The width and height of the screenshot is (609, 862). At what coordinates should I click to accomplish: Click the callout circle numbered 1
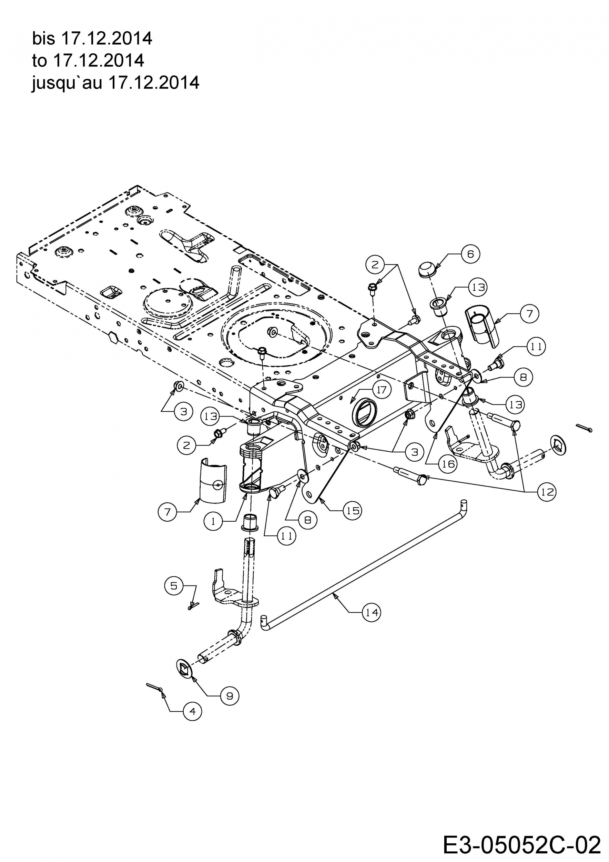[213, 521]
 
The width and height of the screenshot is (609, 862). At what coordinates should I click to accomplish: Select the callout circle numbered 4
[193, 711]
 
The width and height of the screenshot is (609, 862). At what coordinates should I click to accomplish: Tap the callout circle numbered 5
[174, 586]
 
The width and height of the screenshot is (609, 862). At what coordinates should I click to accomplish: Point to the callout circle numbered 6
[470, 254]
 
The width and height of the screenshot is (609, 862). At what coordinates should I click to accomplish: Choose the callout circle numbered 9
[230, 696]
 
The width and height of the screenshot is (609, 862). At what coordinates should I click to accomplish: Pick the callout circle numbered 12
[547, 491]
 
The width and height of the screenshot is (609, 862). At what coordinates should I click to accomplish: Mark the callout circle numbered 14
[372, 612]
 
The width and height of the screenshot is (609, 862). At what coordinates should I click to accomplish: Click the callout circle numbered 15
[352, 511]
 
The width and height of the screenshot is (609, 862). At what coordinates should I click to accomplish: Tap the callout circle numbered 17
[382, 390]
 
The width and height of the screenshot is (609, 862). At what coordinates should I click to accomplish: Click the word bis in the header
[43, 39]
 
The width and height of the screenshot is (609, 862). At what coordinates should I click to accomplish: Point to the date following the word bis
[106, 39]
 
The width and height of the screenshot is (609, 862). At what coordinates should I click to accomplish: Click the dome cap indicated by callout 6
[427, 269]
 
